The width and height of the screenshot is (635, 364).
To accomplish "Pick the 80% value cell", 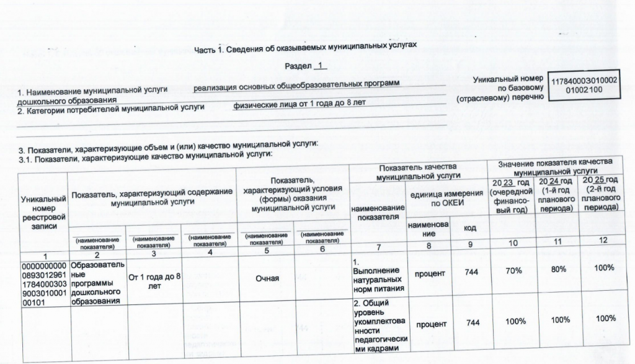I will (x=560, y=269).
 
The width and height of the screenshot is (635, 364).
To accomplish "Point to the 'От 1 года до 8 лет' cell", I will (x=154, y=280).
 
